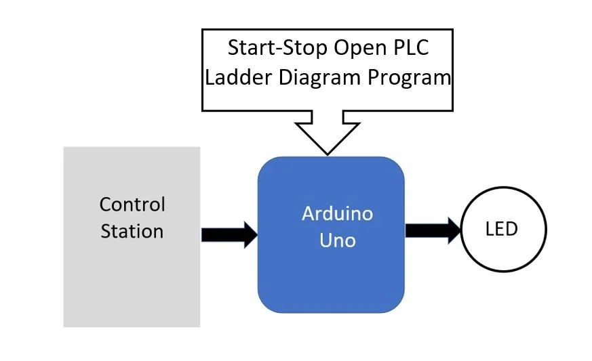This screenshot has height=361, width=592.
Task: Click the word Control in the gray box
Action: click(x=132, y=204)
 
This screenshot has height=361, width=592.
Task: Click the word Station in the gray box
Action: click(x=132, y=231)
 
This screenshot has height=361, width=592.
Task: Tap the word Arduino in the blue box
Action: click(x=337, y=213)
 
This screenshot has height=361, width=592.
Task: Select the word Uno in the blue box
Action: click(x=337, y=240)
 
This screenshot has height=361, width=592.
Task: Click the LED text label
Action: click(x=501, y=229)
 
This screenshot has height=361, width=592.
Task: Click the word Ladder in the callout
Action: click(x=238, y=77)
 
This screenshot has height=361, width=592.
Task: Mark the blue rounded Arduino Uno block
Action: click(x=331, y=284)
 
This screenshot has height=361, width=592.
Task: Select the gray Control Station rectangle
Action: click(x=132, y=291)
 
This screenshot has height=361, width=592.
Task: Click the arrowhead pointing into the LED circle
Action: click(x=452, y=230)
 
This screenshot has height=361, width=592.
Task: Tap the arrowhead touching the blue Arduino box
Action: click(x=249, y=234)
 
